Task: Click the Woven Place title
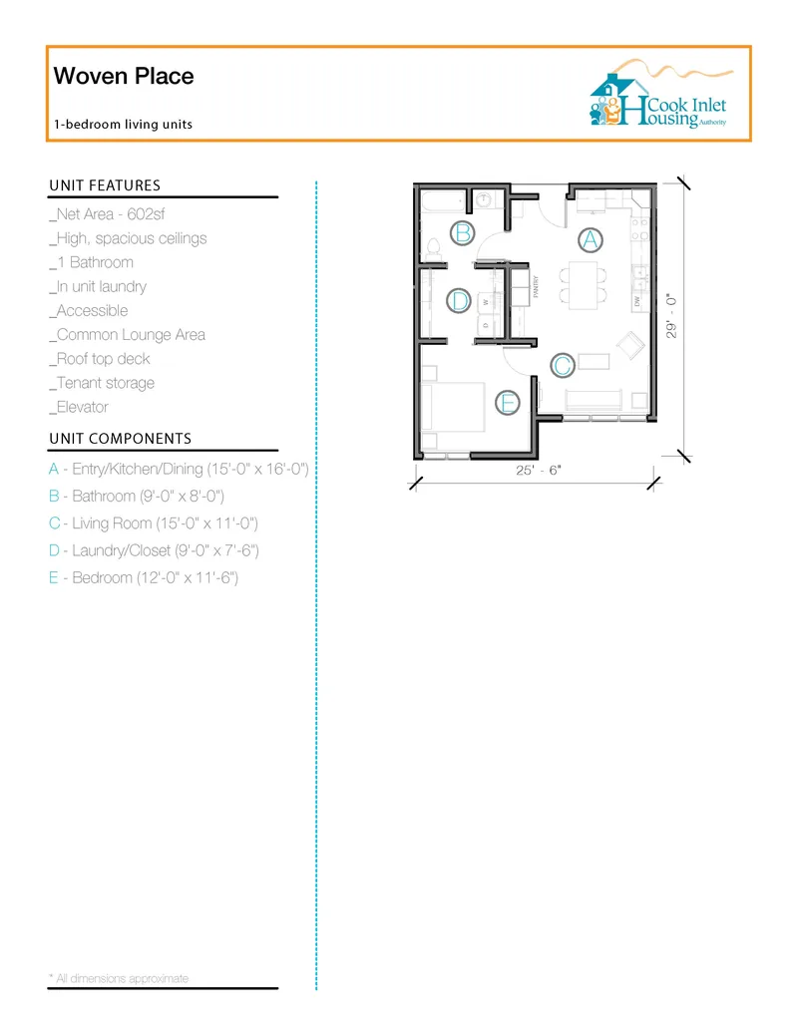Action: pos(124,76)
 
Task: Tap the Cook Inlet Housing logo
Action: pos(660,94)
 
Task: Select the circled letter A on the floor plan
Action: pos(591,240)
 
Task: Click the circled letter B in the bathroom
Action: pos(463,233)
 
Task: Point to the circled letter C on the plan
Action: pos(563,365)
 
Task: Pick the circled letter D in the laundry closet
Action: pos(459,301)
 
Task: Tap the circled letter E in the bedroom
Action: pos(508,403)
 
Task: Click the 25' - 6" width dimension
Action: pos(539,470)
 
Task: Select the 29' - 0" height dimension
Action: pos(671,316)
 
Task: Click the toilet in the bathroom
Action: pos(433,248)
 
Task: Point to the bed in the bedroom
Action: pos(452,407)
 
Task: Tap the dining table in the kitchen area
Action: pos(584,285)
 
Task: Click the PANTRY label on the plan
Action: pos(536,287)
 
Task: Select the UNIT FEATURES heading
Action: pos(105,185)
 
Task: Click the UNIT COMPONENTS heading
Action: pos(121,439)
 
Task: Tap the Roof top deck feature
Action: pos(100,359)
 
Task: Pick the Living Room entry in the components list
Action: pos(154,523)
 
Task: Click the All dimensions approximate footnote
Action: pos(119,978)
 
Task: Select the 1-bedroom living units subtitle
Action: pos(123,125)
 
